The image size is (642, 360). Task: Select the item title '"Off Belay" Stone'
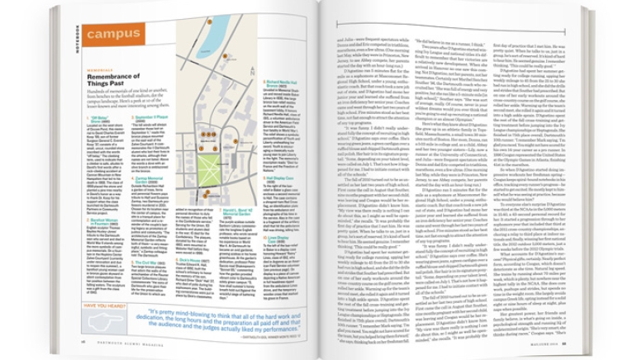tap(105, 118)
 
